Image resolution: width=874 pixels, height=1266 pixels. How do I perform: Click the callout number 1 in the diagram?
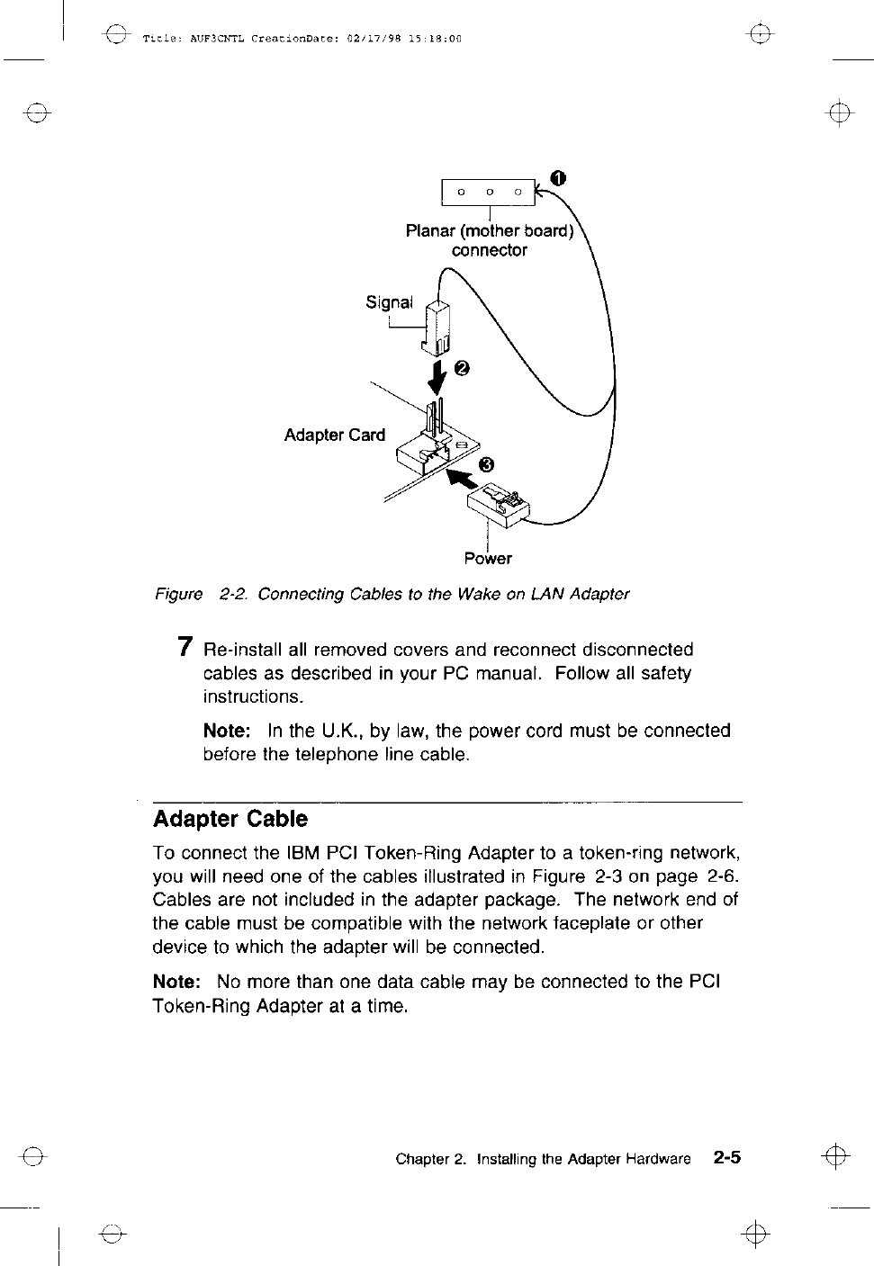559,177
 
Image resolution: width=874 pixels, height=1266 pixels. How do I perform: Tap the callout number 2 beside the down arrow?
463,368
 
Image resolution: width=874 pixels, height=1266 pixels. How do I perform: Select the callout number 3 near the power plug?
486,464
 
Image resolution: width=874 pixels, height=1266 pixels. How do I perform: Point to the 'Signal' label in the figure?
389,302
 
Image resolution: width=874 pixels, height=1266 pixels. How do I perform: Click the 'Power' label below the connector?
488,559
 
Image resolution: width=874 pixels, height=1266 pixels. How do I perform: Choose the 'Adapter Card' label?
334,435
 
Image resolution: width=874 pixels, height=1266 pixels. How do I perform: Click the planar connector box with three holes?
488,192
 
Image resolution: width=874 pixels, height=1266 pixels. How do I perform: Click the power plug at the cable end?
500,505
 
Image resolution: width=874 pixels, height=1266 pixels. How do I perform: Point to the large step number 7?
185,647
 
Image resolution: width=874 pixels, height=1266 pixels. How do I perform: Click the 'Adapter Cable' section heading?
230,820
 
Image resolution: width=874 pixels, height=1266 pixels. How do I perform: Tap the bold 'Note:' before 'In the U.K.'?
227,731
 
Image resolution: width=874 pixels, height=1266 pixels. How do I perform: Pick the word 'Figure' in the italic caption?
178,594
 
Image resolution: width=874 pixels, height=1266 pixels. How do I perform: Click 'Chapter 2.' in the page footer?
431,1159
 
